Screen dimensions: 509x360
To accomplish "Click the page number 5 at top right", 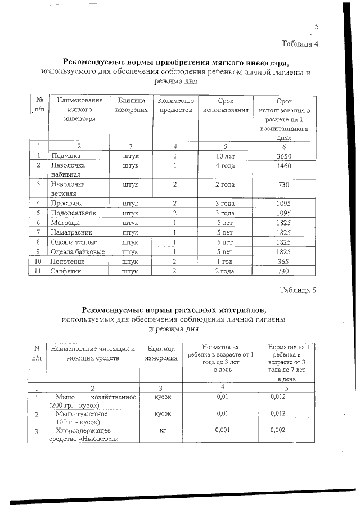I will tap(316, 26).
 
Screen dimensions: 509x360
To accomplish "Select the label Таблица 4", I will tap(300, 44).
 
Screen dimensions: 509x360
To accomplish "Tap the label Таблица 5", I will tap(299, 290).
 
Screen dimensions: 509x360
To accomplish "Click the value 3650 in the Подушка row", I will tap(281, 156).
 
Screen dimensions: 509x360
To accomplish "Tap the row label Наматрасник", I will tap(71, 232).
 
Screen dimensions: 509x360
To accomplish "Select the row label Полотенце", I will tap(68, 262).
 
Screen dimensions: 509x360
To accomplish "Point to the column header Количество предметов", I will tap(175, 105).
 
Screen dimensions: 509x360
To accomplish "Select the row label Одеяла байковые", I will tap(77, 251).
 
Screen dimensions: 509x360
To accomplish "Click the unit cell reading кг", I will tap(160, 430).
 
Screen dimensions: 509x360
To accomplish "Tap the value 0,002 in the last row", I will tap(278, 430).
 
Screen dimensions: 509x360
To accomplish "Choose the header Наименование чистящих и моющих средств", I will tap(93, 353).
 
